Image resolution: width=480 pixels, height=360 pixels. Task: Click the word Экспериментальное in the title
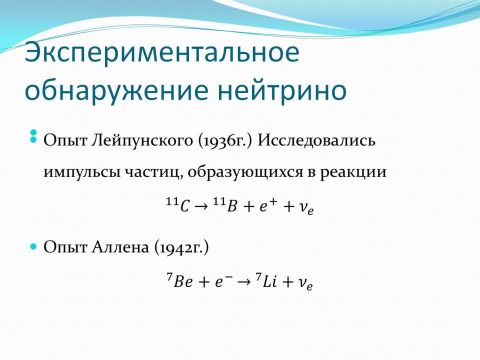pos(162,53)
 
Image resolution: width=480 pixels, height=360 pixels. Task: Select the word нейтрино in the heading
pos(282,90)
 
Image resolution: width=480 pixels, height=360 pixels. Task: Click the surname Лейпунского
pos(142,140)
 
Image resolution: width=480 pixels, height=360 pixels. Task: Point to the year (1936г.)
pos(225,141)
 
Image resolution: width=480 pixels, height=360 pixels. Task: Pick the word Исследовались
pos(316,140)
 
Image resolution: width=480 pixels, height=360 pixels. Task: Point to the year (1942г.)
pos(181,247)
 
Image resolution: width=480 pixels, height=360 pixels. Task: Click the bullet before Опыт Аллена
pos(33,246)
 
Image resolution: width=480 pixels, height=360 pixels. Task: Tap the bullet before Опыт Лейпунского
pos(33,136)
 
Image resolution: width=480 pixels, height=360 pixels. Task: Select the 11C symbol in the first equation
pos(177,204)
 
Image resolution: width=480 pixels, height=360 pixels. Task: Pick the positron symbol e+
pos(268,204)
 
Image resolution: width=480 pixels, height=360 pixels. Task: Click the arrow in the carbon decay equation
pos(201,206)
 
